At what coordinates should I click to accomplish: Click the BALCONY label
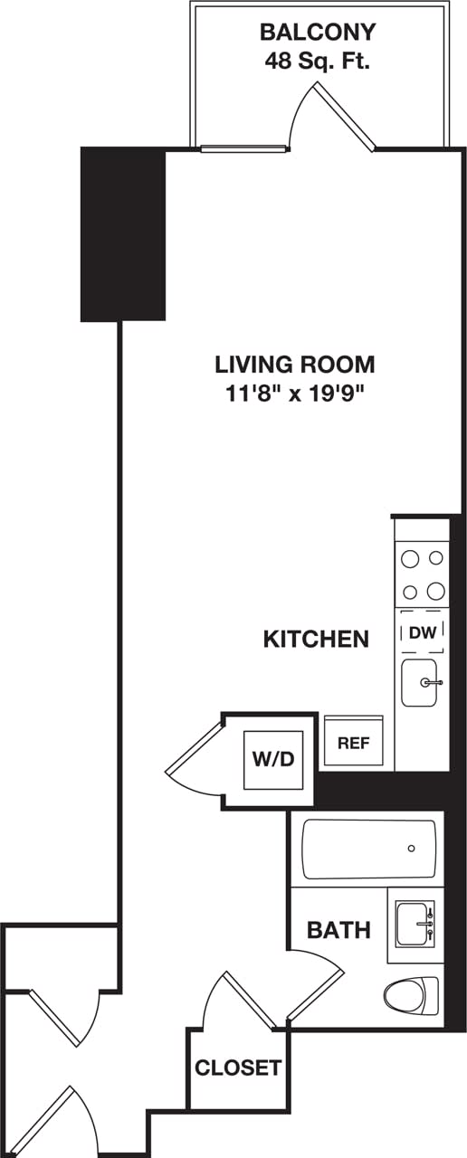point(317,33)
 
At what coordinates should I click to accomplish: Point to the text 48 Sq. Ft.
point(317,62)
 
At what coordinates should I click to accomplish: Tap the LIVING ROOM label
point(295,365)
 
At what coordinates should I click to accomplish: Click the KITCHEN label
point(316,639)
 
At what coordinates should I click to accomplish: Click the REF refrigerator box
point(354,742)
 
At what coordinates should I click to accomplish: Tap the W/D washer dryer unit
point(272,758)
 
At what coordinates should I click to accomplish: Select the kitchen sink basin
point(418,681)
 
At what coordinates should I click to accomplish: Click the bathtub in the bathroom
point(368,849)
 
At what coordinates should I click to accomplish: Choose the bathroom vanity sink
point(415,925)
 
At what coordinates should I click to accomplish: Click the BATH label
point(338,929)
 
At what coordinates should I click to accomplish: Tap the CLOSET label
point(238,1068)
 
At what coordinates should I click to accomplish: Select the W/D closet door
point(195,758)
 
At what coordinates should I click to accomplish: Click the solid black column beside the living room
point(123,233)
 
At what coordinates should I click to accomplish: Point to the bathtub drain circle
point(412,849)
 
